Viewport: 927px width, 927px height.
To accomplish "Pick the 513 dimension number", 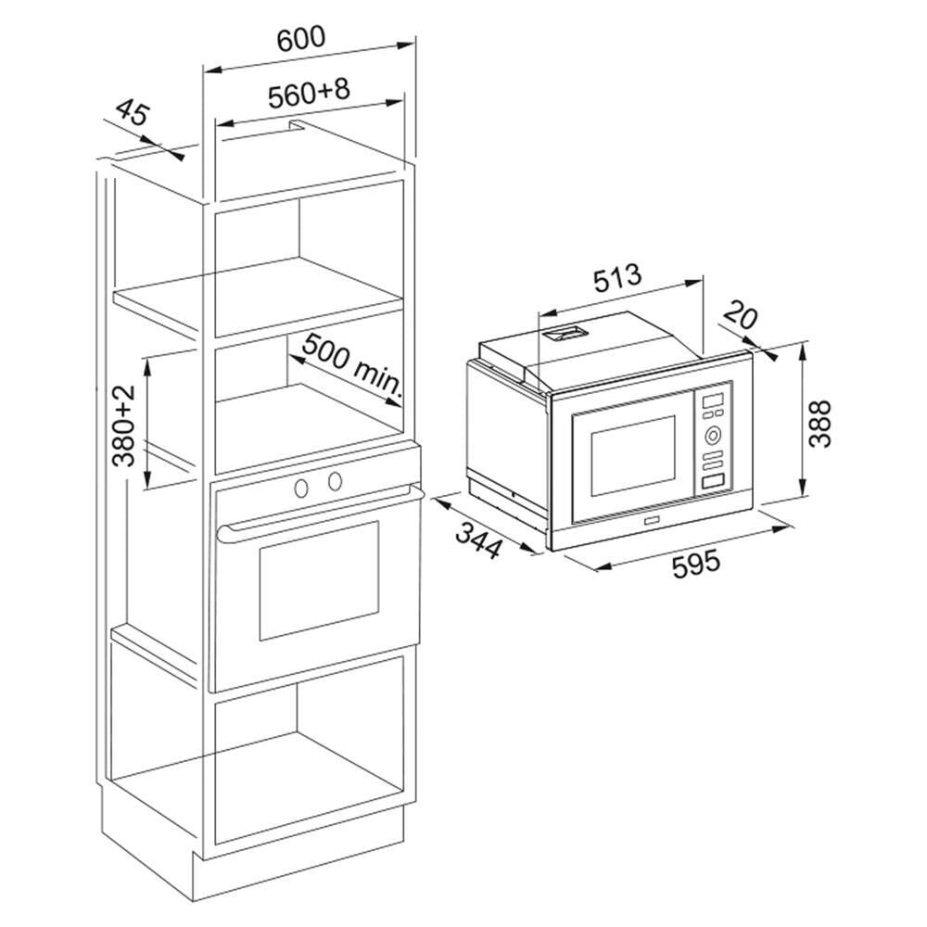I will tap(617, 276).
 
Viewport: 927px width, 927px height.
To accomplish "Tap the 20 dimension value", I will tap(741, 316).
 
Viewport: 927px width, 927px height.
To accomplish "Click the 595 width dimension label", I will tap(696, 564).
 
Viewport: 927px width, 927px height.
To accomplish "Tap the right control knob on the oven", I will tap(334, 480).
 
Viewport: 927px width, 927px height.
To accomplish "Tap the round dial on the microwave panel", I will tap(714, 434).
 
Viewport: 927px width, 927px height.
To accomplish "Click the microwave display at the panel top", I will tap(715, 400).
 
